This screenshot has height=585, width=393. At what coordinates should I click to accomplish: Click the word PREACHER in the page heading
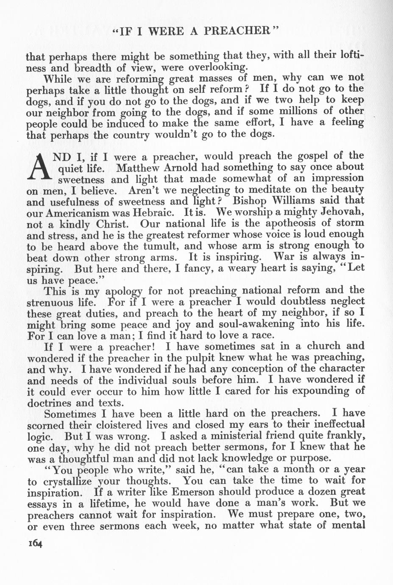(237, 31)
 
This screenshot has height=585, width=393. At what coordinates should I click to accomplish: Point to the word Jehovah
(343, 212)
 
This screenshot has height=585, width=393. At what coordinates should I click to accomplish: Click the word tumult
(164, 246)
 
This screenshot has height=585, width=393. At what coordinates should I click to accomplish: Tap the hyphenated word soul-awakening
(258, 324)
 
